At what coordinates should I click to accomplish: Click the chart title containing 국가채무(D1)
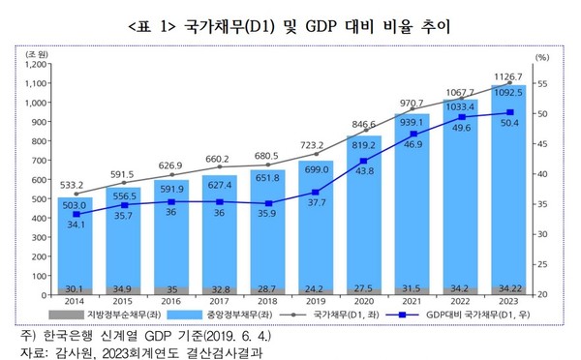(x=290, y=21)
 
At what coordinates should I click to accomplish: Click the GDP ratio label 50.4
(x=509, y=123)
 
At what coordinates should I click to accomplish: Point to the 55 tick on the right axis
(x=542, y=85)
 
